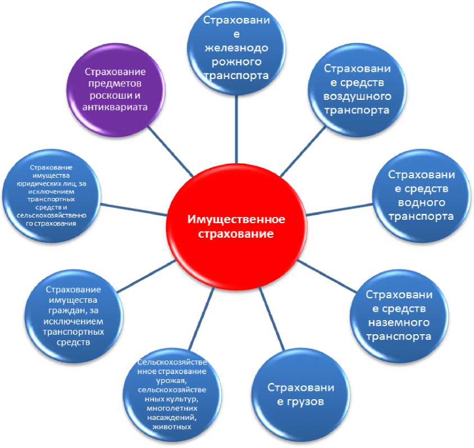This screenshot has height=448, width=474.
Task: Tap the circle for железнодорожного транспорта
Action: coord(235,47)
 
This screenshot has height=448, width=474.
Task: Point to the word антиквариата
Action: coord(116,108)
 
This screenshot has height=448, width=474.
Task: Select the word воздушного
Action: coord(357,96)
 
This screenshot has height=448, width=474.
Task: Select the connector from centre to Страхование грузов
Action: coord(272,322)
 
